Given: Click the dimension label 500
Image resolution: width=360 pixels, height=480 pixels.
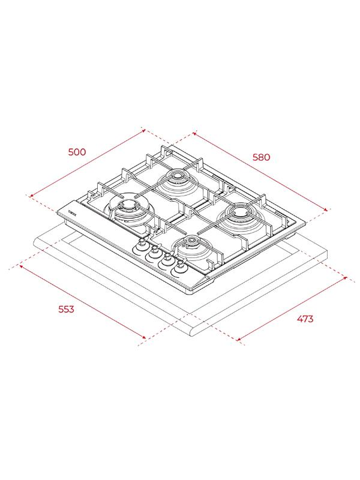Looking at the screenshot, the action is pos(77,152).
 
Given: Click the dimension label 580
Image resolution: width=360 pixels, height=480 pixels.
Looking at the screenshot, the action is pos(262,157).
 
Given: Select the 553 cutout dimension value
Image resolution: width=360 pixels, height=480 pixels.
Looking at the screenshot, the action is pos(67,309).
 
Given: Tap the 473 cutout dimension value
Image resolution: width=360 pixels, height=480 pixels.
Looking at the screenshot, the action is pos(305,319).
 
